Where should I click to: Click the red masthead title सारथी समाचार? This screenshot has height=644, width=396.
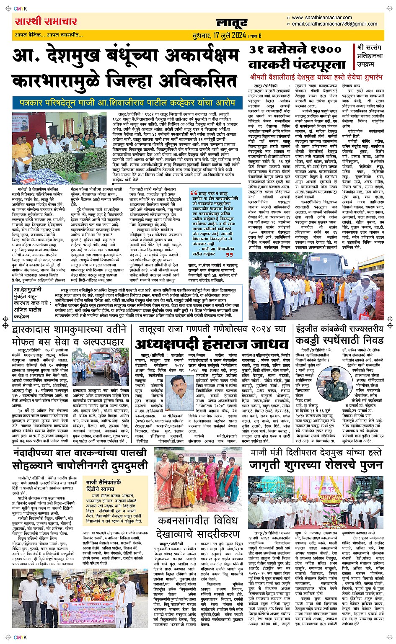pyautogui.click(x=46, y=22)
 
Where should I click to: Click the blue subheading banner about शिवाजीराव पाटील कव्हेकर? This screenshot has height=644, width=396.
pyautogui.click(x=126, y=102)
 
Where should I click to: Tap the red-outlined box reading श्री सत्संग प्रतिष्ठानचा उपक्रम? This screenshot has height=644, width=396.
pyautogui.click(x=370, y=56)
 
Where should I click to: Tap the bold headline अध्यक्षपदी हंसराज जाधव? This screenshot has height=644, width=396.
pyautogui.click(x=212, y=345)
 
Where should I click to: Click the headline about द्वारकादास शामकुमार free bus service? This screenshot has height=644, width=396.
pyautogui.click(x=69, y=336)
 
